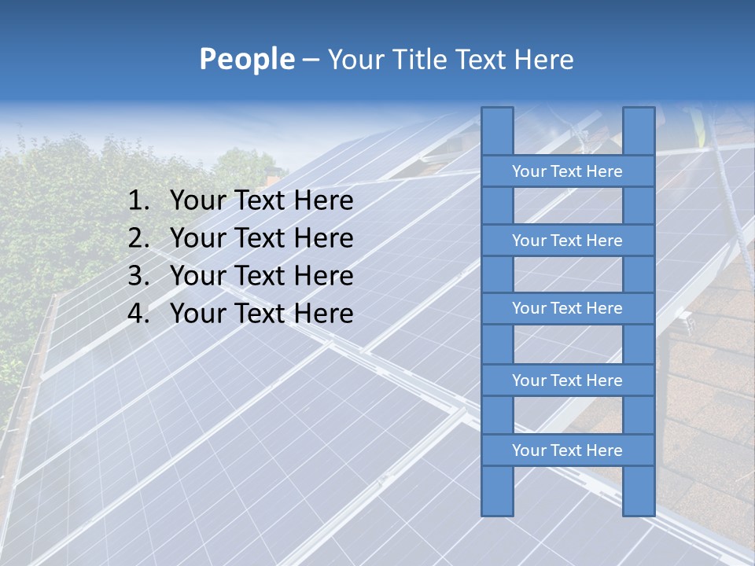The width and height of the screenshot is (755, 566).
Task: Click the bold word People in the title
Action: [247, 59]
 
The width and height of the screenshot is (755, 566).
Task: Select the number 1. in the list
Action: [138, 201]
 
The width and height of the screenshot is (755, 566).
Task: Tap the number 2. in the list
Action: [138, 238]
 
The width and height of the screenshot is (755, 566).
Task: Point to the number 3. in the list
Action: [138, 276]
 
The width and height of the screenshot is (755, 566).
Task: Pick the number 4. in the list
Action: [138, 314]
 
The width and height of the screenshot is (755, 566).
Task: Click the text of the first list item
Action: [261, 201]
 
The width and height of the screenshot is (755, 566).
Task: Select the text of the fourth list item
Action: [261, 314]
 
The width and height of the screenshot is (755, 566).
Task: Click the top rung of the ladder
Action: [567, 171]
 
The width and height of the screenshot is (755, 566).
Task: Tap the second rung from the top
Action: [567, 241]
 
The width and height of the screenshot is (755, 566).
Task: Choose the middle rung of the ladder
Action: [567, 308]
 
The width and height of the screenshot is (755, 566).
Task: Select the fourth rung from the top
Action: [567, 380]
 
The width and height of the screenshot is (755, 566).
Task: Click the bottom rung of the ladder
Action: [567, 450]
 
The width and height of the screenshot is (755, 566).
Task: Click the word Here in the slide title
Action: [544, 59]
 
